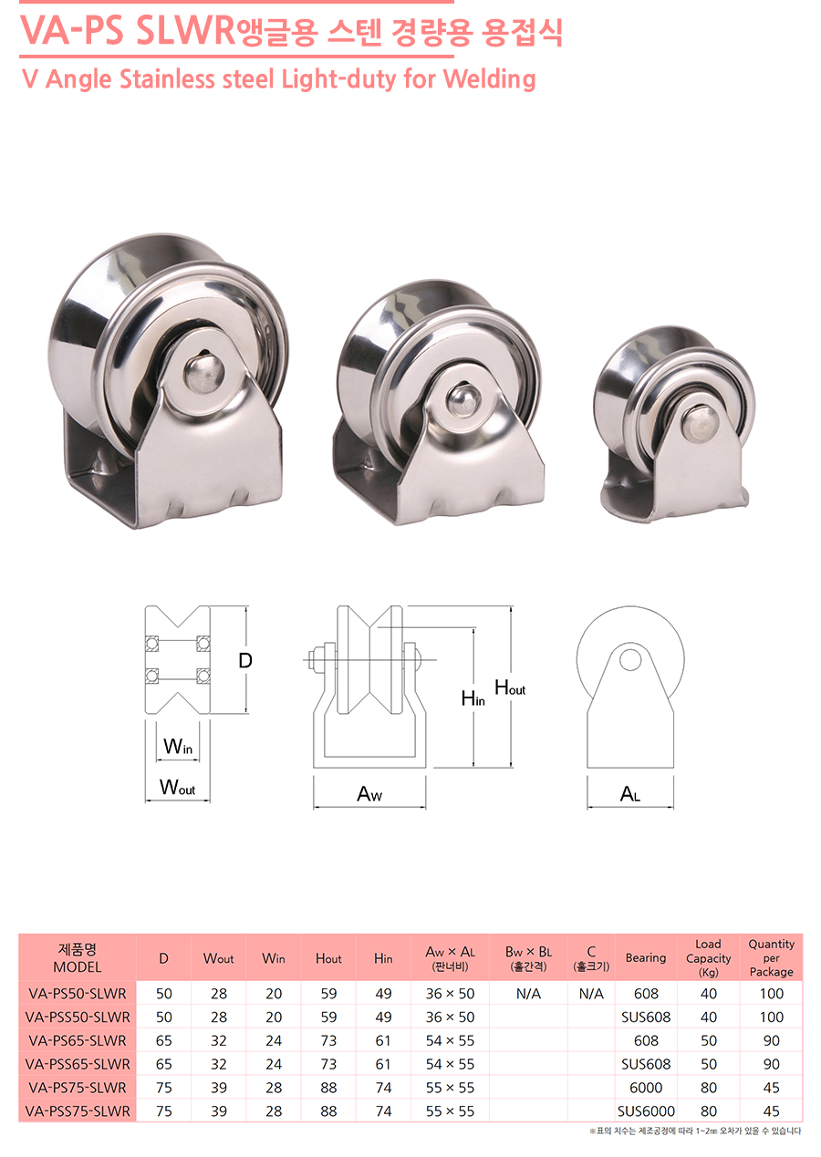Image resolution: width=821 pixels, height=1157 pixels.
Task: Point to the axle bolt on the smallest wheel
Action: click(700, 422)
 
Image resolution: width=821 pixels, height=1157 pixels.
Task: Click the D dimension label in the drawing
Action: click(245, 660)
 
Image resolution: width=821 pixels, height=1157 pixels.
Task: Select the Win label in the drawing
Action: click(178, 746)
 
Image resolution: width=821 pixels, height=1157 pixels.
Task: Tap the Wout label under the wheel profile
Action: click(177, 787)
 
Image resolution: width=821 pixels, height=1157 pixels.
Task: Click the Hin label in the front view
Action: click(473, 698)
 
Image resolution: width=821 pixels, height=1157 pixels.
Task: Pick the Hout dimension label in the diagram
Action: click(510, 687)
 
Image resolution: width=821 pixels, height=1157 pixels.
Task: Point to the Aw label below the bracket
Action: click(369, 793)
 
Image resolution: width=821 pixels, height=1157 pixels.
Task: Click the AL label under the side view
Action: click(629, 793)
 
